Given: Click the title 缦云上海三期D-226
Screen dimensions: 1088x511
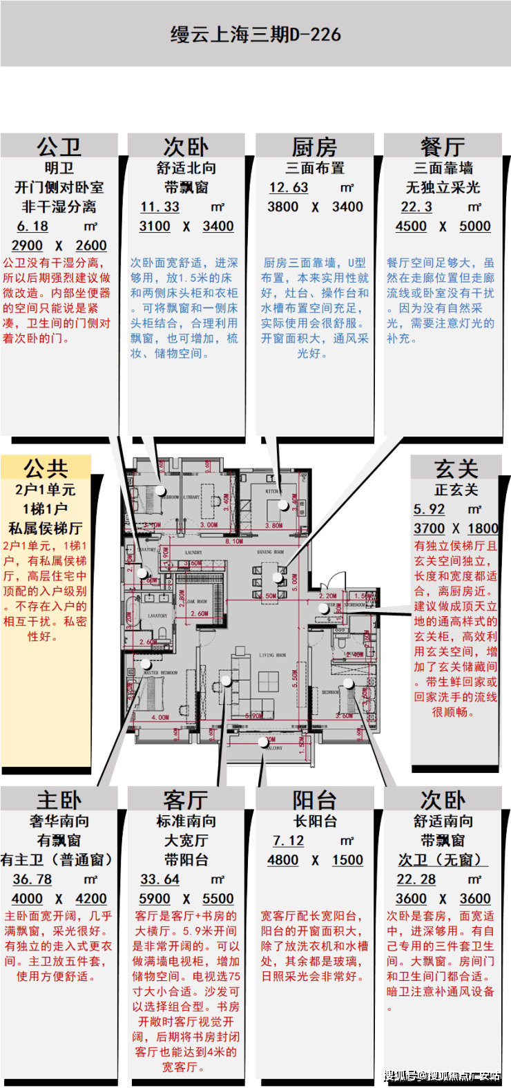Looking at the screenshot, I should point(256,35).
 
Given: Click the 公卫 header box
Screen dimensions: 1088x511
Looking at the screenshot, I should point(59,146).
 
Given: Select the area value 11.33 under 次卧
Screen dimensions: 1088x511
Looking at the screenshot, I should point(160,207).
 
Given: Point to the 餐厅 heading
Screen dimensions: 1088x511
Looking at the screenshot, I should point(443,146).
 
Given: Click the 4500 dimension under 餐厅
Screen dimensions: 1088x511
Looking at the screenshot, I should point(411,226).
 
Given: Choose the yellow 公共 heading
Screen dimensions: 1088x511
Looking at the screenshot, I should point(46,468).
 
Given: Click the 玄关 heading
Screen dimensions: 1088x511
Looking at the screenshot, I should point(456,468).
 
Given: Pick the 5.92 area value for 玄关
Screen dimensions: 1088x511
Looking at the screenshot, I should point(429,509).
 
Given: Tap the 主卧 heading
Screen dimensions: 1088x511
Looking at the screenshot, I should point(59,800).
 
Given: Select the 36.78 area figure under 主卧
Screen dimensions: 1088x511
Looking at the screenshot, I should point(32,879).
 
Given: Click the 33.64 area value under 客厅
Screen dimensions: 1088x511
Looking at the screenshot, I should point(160,879).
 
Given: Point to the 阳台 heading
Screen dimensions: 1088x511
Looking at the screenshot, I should point(315,800).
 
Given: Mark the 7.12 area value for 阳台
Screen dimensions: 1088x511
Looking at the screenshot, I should point(289,841).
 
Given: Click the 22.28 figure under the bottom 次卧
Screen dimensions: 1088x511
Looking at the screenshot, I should point(416,879).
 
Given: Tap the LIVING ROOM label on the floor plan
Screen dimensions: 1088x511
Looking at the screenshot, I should point(272,654).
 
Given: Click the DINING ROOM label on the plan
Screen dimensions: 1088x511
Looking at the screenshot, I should point(270,552).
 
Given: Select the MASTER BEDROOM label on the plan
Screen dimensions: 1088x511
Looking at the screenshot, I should point(160,672).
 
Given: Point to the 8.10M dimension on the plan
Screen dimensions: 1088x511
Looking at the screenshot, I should point(234,542).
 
